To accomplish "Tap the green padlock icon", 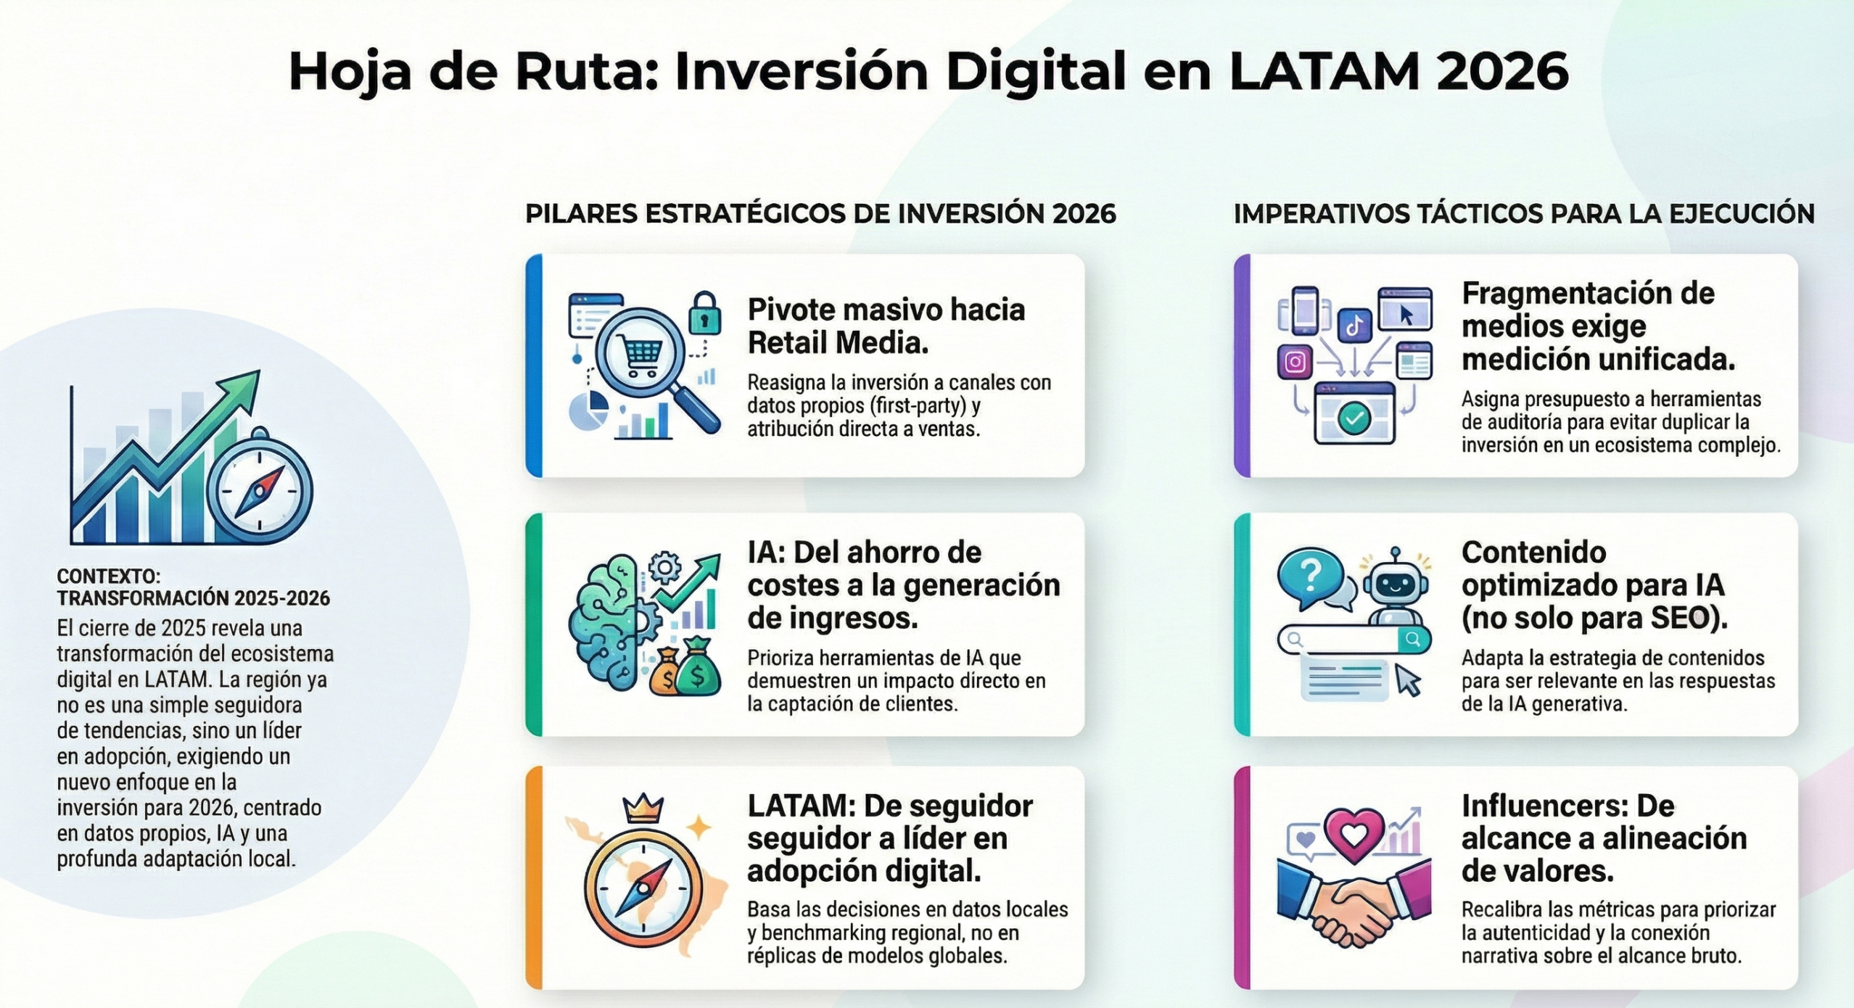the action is click(704, 313).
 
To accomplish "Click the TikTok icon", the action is click(1354, 326).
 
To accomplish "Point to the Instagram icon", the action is click(1295, 361).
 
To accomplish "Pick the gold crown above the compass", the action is click(643, 809).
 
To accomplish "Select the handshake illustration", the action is click(1354, 903).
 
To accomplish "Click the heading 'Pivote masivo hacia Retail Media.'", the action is click(886, 326).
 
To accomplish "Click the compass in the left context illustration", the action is click(260, 487).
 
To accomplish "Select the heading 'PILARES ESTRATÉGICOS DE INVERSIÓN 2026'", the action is click(820, 214).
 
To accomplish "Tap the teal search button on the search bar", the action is click(1413, 639).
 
